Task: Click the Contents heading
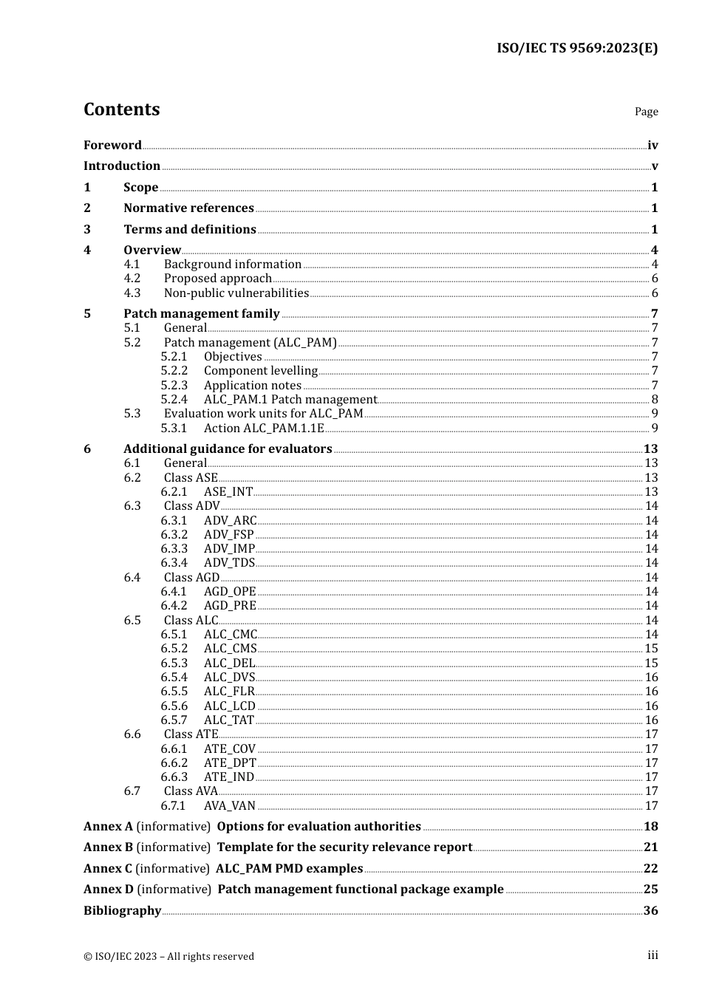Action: [x=121, y=109]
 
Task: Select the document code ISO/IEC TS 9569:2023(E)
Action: [x=576, y=49]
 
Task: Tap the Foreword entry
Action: [x=112, y=146]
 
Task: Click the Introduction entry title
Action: [x=122, y=166]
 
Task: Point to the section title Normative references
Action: [x=188, y=208]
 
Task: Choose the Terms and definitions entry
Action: [x=190, y=230]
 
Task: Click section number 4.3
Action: [x=132, y=293]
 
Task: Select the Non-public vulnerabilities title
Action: [x=236, y=293]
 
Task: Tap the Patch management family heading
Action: [x=202, y=314]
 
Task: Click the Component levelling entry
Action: [x=261, y=371]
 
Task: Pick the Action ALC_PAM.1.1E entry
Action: [x=264, y=429]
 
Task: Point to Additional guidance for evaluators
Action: [x=228, y=449]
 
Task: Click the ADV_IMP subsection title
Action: [x=229, y=549]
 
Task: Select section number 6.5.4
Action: [x=174, y=678]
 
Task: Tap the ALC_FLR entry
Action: [x=229, y=692]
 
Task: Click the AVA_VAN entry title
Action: [x=230, y=806]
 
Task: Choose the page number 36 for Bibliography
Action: [x=650, y=911]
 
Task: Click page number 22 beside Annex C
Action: [x=650, y=869]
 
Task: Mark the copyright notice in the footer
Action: [x=168, y=957]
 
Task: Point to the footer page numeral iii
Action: [x=652, y=955]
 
